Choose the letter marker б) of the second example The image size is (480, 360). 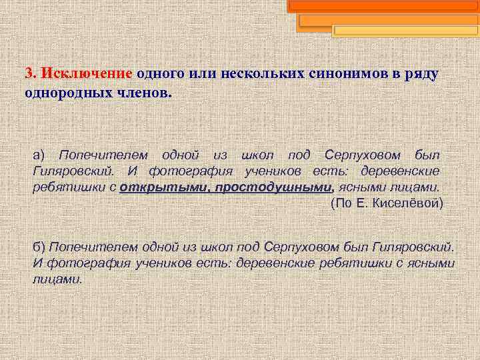[x=39, y=247]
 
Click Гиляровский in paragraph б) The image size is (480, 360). [x=414, y=247]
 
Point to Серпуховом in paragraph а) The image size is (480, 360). [x=363, y=155]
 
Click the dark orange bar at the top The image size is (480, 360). [x=383, y=6]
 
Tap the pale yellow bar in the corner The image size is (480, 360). [x=404, y=31]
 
